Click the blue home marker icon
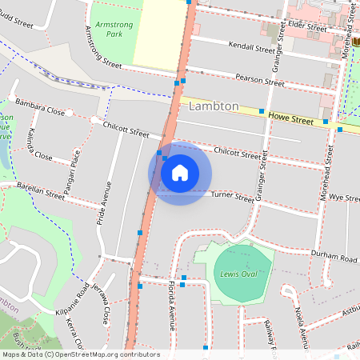[180, 173]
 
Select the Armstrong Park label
[109, 30]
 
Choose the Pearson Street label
[259, 80]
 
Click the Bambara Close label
[39, 110]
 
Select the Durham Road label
[334, 258]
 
